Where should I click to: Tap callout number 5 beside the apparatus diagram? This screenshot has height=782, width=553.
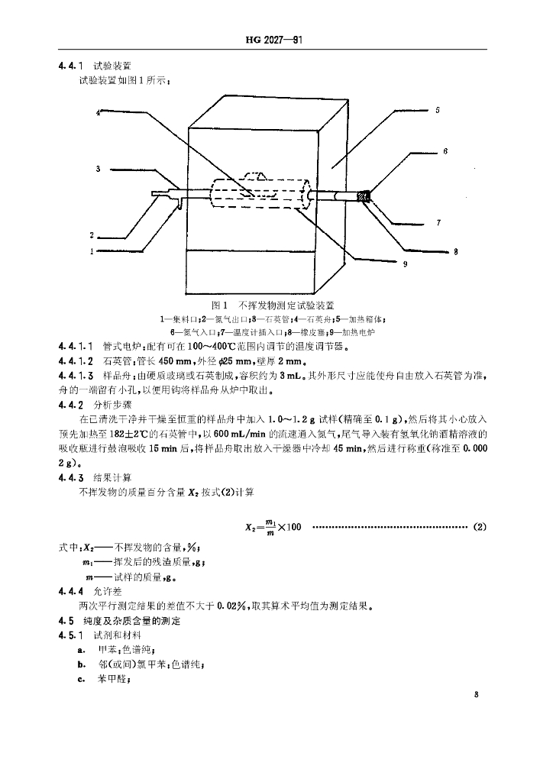pos(438,111)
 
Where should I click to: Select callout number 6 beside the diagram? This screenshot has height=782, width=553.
pos(446,152)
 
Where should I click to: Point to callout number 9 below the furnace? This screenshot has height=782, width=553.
pos(405,264)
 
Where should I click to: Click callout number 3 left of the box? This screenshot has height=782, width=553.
pos(99,168)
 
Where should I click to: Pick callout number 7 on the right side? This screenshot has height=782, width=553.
pos(438,224)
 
